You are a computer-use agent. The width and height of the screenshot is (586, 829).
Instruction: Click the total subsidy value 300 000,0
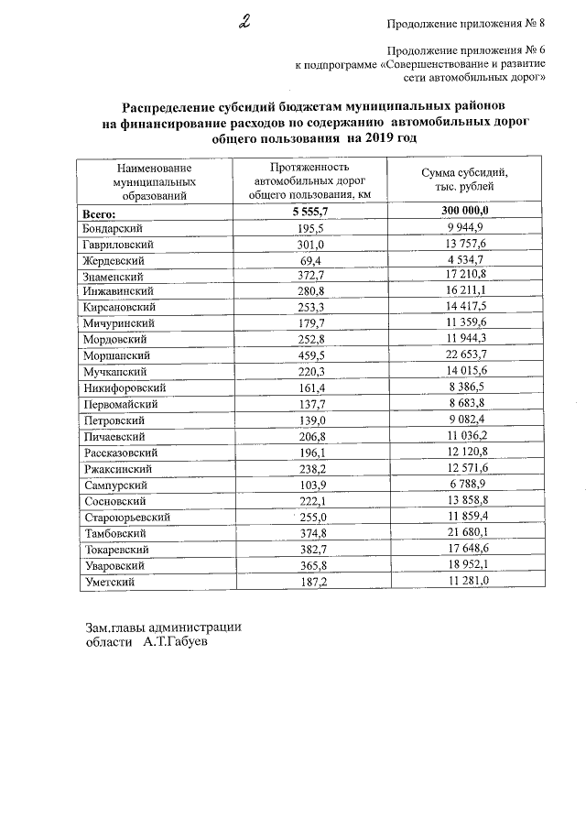[464, 212]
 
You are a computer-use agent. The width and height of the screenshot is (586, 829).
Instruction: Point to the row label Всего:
[99, 212]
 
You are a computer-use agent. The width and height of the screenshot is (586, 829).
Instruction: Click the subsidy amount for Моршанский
[464, 355]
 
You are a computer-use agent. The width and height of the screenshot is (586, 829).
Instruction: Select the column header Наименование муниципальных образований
[153, 180]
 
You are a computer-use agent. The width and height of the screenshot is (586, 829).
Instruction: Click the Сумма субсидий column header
[464, 180]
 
